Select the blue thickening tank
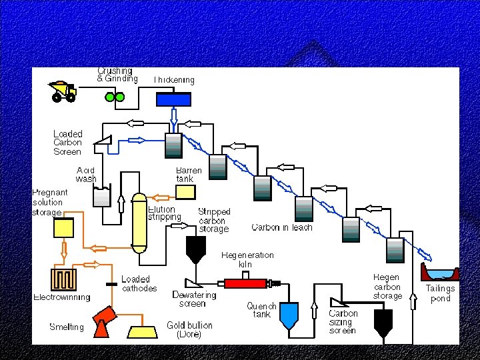173,99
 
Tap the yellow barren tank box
185,192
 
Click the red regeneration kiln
245,283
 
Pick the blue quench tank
289,315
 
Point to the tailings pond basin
440,273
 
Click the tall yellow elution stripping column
139,223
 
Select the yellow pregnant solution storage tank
64,229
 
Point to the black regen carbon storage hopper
383,322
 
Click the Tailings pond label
440,293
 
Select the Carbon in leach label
281,228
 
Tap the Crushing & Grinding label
117,75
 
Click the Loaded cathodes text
139,284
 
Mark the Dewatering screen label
194,299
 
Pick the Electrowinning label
62,297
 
